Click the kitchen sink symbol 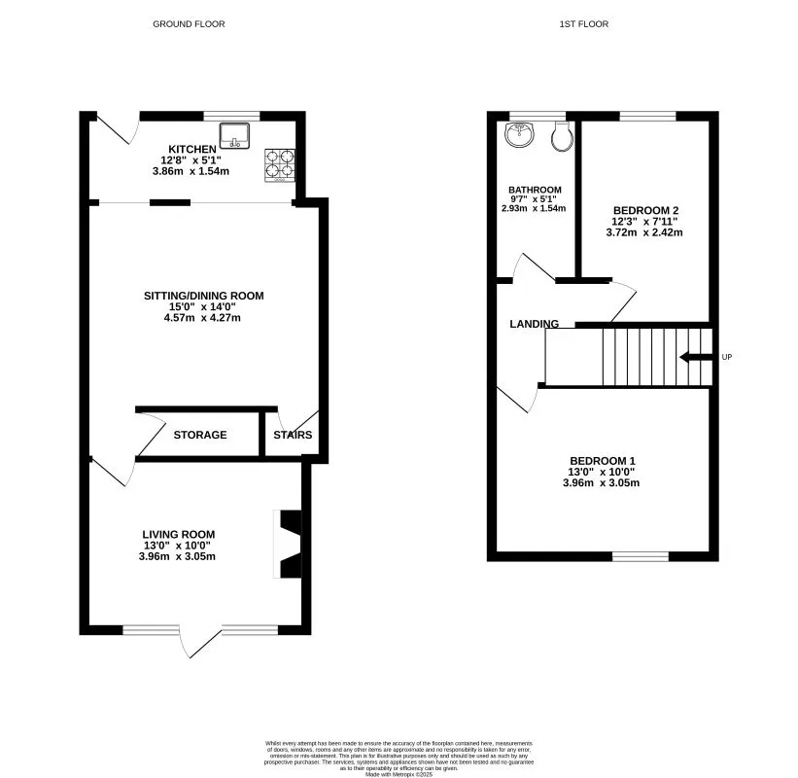pos(234,134)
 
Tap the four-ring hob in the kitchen pos(280,165)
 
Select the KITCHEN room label pos(191,149)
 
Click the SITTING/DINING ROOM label pos(203,296)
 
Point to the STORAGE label pos(200,435)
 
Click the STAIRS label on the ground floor pos(293,435)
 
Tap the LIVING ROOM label pos(178,534)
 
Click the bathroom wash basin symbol pos(520,136)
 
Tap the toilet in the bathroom pos(560,137)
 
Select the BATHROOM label pos(535,190)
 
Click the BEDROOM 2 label pos(644,210)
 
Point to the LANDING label pos(534,324)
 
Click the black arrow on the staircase pos(695,357)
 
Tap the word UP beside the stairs pos(726,358)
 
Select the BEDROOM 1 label pos(602,460)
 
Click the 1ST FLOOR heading pos(584,24)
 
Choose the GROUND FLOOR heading pos(189,24)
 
